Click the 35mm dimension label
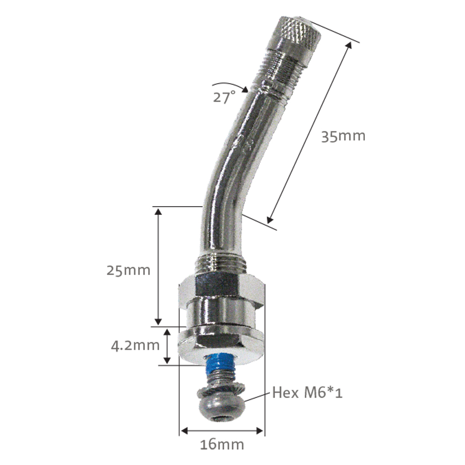343,136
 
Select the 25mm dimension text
128,270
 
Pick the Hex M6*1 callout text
307,393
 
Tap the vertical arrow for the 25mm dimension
159,266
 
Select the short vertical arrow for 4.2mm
167,346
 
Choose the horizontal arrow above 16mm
222,430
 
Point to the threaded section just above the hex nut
222,265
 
